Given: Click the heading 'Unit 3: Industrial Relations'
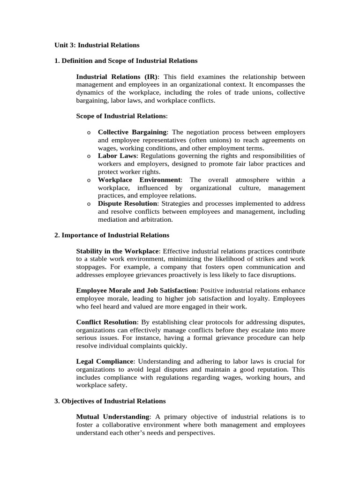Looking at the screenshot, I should click(x=97, y=45).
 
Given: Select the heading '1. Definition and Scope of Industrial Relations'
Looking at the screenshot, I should click(x=126, y=61).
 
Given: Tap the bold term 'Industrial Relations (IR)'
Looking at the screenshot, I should click(x=117, y=77).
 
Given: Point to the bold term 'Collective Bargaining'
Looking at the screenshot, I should click(x=132, y=132).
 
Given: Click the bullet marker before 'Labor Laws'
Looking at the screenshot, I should click(x=89, y=156).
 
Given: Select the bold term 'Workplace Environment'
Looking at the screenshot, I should click(x=139, y=180).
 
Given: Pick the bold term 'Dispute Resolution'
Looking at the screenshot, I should click(x=127, y=204).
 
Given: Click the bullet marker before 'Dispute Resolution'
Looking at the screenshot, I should click(x=89, y=204).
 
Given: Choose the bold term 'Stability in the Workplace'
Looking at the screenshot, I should click(x=118, y=251).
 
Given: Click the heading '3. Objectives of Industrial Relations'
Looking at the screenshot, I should click(x=110, y=401).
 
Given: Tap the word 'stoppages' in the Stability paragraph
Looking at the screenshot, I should click(x=91, y=267).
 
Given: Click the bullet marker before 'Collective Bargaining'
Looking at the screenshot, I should click(x=89, y=132).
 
